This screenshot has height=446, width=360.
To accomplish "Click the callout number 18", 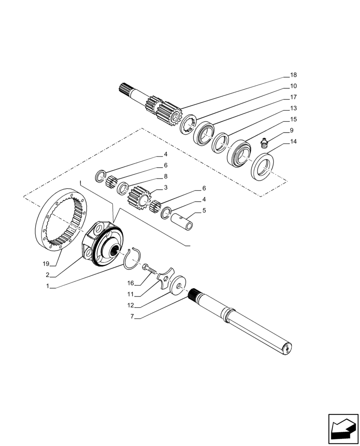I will click(x=293, y=75).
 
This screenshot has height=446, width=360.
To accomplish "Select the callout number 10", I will click(x=293, y=86).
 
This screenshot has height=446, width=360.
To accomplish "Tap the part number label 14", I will click(x=293, y=142).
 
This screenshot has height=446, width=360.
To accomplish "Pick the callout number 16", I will click(x=131, y=283).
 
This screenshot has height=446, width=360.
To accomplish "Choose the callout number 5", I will click(x=204, y=210).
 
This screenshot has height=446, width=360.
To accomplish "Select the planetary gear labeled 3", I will click(x=140, y=197).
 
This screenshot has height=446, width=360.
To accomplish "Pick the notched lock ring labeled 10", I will click(x=188, y=124).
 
